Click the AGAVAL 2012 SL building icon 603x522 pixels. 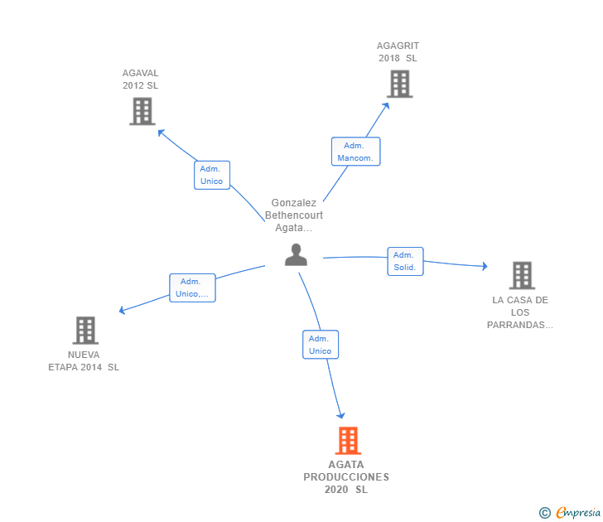142,111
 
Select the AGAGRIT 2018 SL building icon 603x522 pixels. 399,84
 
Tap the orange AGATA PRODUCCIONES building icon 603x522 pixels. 348,441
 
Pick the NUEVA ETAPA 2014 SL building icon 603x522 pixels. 85,331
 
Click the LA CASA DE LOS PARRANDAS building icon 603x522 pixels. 522,275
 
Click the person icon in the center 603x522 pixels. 296,254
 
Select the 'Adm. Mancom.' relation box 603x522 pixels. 355,152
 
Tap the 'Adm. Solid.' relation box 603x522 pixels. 405,261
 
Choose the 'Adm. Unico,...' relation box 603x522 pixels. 192,288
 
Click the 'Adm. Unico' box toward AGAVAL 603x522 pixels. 212,175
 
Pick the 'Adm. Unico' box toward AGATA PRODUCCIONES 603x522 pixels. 321,345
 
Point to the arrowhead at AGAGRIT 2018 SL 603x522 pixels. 386,106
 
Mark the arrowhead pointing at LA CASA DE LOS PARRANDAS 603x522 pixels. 485,266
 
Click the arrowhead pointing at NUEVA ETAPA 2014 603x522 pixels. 122,310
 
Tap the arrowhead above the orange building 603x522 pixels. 340,415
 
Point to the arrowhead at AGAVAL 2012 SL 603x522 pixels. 161,133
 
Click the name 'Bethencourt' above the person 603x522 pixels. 294,215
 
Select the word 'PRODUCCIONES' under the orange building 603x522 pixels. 346,477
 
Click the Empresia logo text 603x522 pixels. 578,512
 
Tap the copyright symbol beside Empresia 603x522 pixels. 545,513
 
